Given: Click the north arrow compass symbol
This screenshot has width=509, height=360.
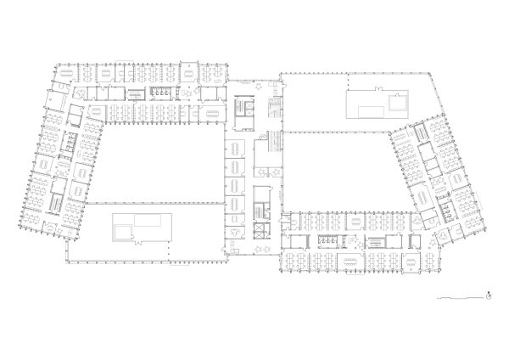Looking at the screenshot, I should tap(489, 295).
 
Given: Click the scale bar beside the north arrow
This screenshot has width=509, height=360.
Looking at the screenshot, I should tap(458, 299).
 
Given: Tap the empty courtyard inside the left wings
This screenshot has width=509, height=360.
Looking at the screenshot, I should tap(157, 161).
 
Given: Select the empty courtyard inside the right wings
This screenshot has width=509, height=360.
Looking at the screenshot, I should tap(339, 170).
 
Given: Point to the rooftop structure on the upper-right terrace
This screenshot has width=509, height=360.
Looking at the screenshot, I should tap(378, 105).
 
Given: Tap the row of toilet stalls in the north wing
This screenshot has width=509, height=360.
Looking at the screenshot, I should tap(159, 93).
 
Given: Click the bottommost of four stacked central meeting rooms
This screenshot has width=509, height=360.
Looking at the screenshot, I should tap(235, 206).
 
